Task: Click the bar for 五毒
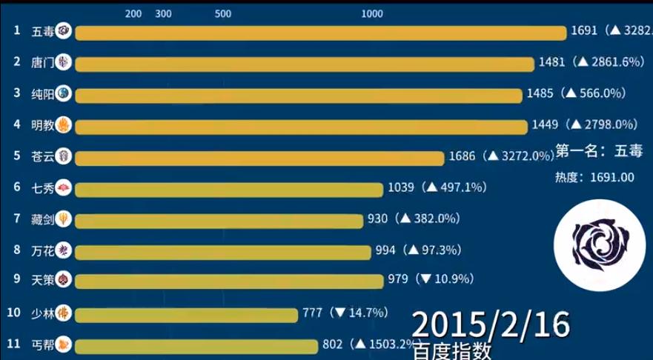(320, 32)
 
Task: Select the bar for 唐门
(304, 63)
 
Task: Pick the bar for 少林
(185, 313)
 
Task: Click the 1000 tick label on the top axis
(371, 14)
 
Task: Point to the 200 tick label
(134, 14)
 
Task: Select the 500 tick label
(222, 14)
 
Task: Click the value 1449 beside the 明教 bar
(545, 124)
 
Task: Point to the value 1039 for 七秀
(402, 187)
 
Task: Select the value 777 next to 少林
(311, 313)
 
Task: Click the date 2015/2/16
(491, 324)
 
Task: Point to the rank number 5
(16, 156)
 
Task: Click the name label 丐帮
(42, 344)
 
